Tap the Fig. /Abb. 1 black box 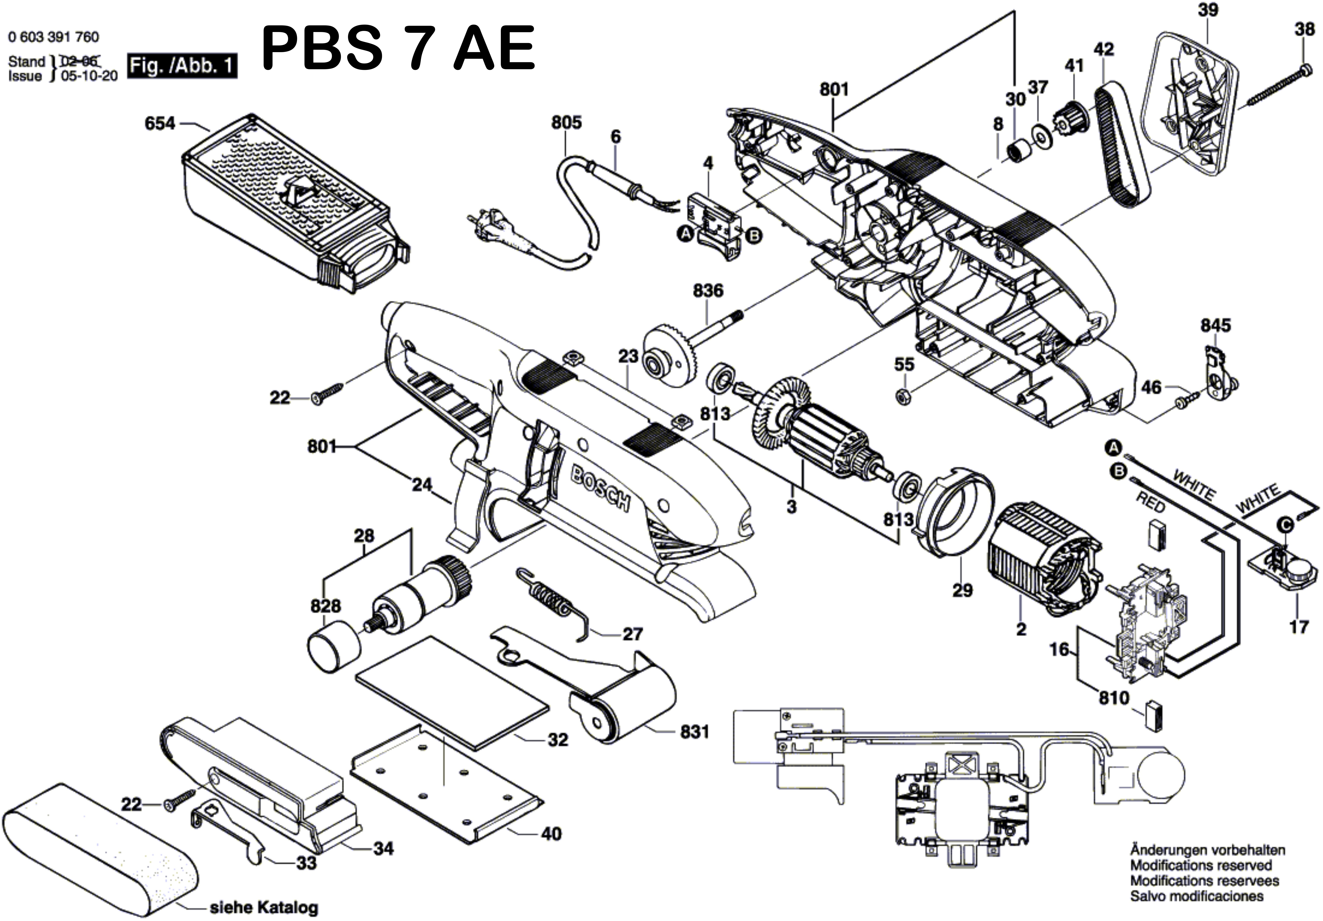(182, 66)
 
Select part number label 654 (160, 123)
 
